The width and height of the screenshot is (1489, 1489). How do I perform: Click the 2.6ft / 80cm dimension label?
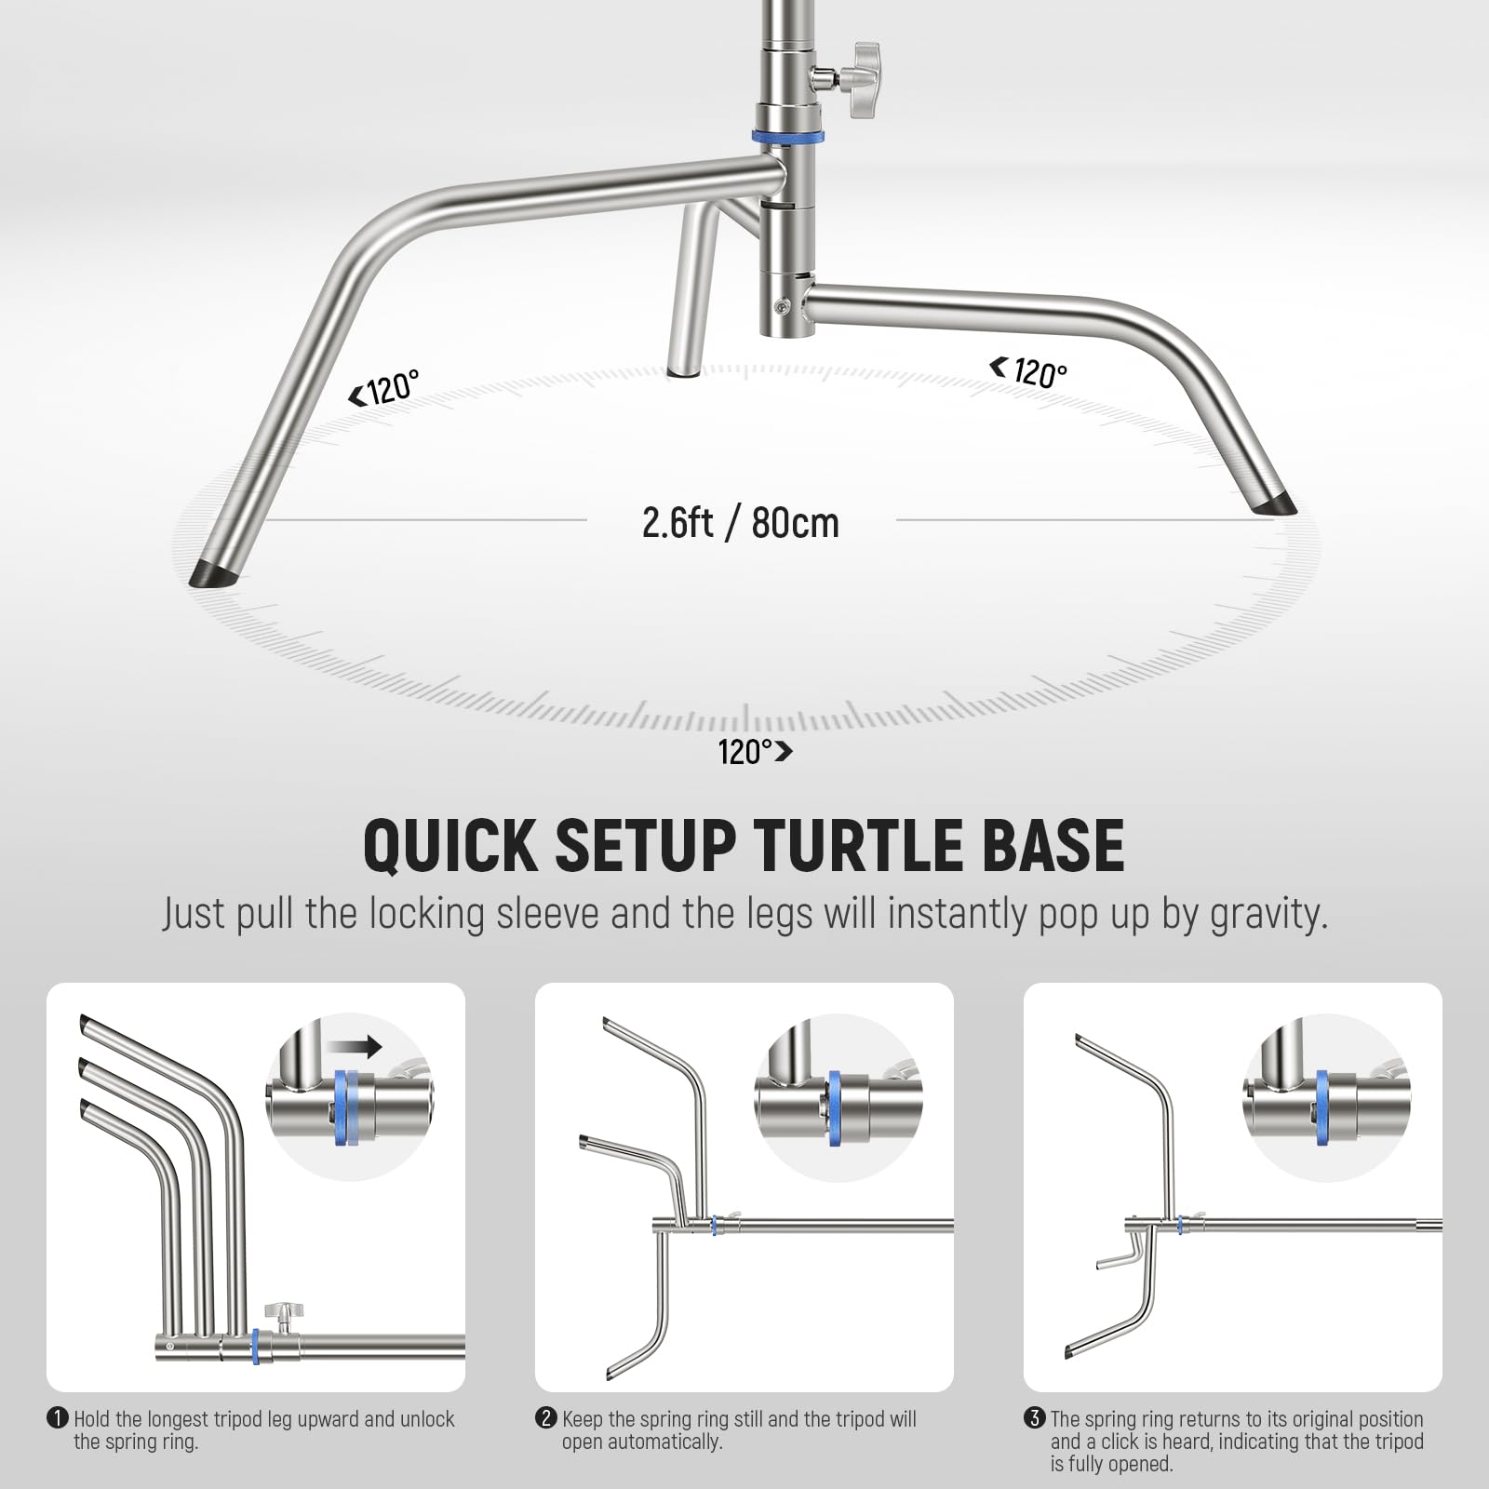[741, 522]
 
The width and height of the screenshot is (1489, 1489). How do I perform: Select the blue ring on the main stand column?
[788, 137]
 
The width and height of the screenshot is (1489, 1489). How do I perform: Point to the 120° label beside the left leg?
[384, 389]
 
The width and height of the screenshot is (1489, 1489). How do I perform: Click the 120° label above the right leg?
[1028, 371]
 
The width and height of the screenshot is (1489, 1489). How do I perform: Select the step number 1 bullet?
[58, 1419]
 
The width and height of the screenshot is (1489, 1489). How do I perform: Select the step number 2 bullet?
[545, 1419]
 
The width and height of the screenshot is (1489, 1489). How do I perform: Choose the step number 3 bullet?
[1034, 1419]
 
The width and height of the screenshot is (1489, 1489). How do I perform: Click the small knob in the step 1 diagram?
[276, 1313]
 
